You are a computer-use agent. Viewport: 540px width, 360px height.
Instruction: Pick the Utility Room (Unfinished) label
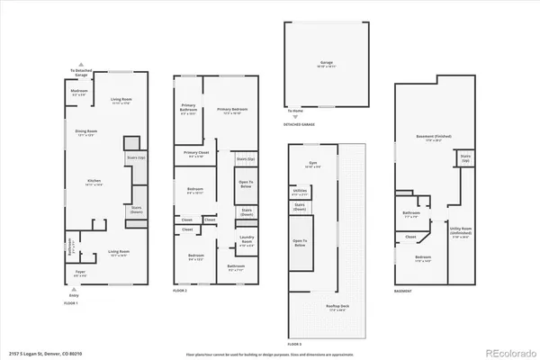pos(461,229)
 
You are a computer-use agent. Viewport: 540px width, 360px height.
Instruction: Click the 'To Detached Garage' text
pos(81,72)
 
